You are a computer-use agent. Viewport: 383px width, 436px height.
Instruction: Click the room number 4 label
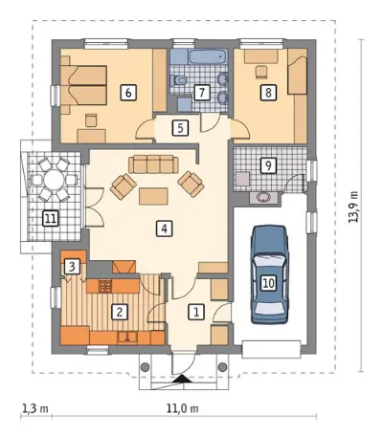click(165, 229)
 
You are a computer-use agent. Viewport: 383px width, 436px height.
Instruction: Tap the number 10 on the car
click(269, 283)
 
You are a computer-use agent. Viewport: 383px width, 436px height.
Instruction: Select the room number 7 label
click(201, 93)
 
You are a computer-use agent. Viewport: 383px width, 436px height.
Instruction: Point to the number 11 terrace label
click(51, 219)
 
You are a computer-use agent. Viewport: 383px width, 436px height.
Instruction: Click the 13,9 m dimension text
click(353, 207)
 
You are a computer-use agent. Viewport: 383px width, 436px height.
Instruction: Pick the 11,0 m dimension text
click(182, 408)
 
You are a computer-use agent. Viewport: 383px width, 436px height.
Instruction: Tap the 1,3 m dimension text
click(35, 408)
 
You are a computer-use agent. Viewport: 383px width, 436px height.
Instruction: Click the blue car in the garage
click(270, 274)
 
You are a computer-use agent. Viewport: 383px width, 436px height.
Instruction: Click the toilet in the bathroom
click(180, 80)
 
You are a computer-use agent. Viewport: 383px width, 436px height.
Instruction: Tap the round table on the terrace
click(54, 181)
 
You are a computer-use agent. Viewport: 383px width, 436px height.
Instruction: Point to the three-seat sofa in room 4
click(153, 164)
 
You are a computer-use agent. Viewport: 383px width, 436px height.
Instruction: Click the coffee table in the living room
click(153, 196)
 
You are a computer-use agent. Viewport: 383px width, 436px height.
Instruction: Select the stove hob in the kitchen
click(104, 286)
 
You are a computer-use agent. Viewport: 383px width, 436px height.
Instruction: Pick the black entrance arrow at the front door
click(183, 379)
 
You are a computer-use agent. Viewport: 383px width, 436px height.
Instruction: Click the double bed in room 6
click(83, 85)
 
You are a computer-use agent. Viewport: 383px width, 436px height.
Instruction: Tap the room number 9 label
click(268, 165)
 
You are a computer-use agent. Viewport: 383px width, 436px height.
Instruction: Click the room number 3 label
click(72, 267)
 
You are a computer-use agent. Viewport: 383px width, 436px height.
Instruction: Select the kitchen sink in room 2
click(127, 338)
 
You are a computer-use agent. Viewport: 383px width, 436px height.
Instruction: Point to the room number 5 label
click(180, 128)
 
